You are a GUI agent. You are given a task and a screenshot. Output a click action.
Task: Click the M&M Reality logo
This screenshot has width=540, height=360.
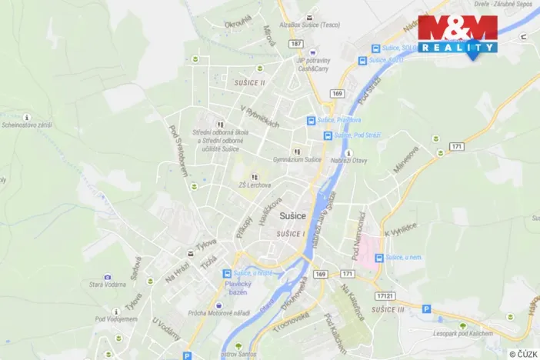[457, 35]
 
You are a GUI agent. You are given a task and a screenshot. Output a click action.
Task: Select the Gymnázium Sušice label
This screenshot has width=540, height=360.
[297, 160]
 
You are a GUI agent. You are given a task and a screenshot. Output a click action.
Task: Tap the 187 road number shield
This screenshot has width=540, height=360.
[297, 44]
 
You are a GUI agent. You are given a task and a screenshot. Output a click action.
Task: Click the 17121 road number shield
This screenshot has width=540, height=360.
[387, 295]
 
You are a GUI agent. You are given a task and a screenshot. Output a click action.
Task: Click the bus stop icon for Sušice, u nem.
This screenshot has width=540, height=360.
[378, 258]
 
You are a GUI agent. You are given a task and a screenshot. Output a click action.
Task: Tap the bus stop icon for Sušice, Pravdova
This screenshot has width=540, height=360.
[311, 120]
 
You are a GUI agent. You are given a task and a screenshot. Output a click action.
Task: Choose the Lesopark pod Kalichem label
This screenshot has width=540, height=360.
[462, 335]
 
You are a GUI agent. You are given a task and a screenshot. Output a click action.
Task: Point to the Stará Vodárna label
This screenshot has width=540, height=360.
[108, 285]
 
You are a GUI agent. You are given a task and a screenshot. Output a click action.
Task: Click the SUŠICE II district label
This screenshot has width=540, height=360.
[249, 82]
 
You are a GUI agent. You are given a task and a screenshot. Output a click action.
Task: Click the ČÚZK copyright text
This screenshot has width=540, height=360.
[523, 353]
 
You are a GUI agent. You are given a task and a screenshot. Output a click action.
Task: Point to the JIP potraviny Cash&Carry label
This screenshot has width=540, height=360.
[314, 64]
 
